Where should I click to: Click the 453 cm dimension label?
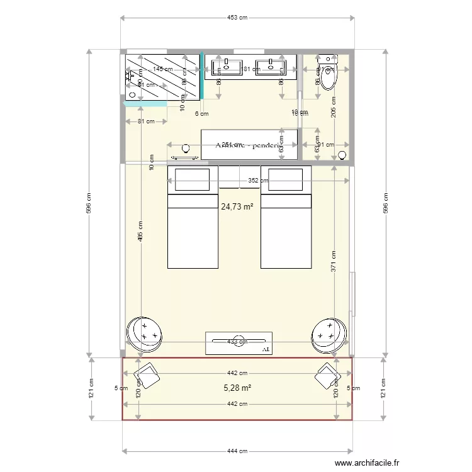click(x=236, y=18)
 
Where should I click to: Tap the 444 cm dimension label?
click(x=237, y=451)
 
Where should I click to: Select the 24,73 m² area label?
click(x=237, y=206)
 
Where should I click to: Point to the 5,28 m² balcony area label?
click(x=237, y=388)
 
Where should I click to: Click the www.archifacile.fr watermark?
click(x=367, y=463)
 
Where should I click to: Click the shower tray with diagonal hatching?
click(x=163, y=76)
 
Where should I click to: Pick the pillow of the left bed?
click(x=192, y=180)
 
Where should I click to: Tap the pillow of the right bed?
click(x=286, y=180)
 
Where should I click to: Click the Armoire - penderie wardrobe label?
click(x=247, y=145)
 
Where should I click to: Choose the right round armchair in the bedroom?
click(x=328, y=332)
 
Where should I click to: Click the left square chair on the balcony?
click(x=147, y=377)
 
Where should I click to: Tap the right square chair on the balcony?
click(x=328, y=376)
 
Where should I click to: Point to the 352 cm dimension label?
click(x=258, y=181)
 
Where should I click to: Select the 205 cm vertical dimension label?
click(x=333, y=112)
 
